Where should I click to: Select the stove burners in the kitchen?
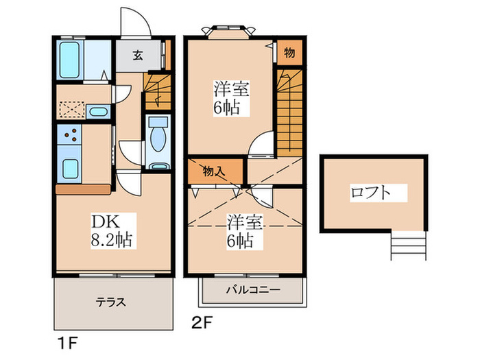pos(69,136)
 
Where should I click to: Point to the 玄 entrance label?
pos(137,56)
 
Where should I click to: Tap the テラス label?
pos(110,301)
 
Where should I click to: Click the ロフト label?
pos(370,192)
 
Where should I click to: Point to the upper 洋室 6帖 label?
pos(230,98)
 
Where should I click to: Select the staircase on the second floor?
pos(288,110)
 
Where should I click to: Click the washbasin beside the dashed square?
pos(99,112)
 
